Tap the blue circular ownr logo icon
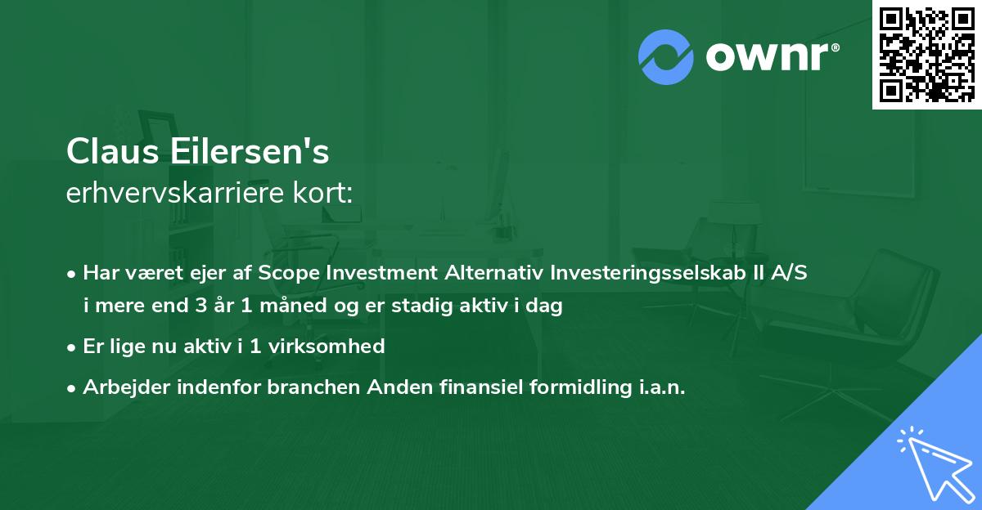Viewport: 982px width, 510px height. (666, 56)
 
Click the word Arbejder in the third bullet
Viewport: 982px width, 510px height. (120, 387)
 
